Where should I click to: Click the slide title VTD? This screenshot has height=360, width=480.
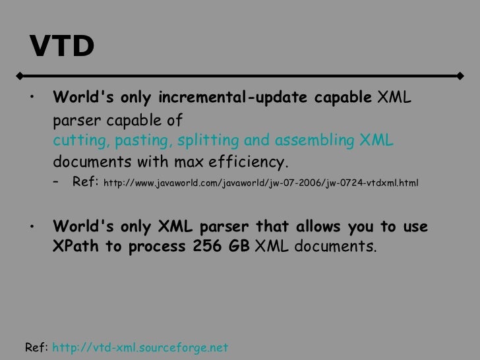pyautogui.click(x=61, y=46)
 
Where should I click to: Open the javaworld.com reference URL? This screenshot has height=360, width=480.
pyautogui.click(x=260, y=182)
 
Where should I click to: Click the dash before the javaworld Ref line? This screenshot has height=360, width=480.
pyautogui.click(x=57, y=182)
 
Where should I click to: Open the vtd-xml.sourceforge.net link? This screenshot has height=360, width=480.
pyautogui.click(x=140, y=347)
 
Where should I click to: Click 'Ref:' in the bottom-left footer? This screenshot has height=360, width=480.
pyautogui.click(x=36, y=347)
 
